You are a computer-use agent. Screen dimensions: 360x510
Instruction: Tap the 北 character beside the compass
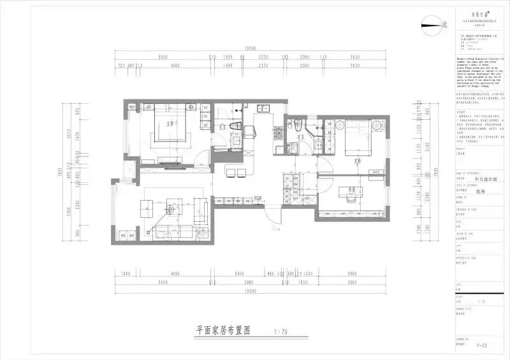pyautogui.click(x=445, y=24)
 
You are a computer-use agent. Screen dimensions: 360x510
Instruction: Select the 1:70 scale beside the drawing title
pyautogui.click(x=280, y=331)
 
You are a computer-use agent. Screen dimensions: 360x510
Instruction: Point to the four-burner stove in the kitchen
pyautogui.click(x=279, y=133)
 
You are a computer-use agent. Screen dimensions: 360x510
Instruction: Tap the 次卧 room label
pyautogui.click(x=358, y=161)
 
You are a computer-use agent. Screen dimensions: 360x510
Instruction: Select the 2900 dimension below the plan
pyautogui.click(x=239, y=273)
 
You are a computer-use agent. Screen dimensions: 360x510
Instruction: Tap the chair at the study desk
pyautogui.click(x=349, y=200)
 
